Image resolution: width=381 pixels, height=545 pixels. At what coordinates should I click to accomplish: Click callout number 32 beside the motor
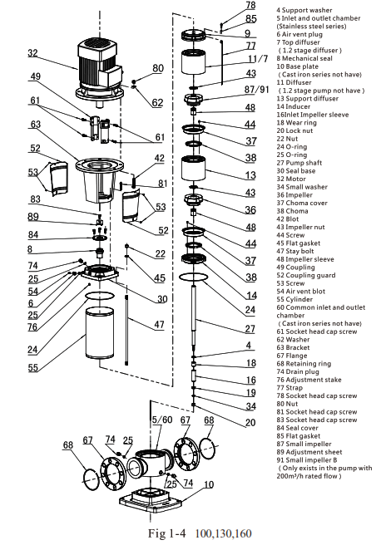coord(32,54)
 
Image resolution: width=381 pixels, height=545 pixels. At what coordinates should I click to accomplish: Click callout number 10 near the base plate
coord(210,484)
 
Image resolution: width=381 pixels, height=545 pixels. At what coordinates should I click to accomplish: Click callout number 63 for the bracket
coord(36,125)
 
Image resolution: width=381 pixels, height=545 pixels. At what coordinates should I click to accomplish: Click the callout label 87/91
coord(255,89)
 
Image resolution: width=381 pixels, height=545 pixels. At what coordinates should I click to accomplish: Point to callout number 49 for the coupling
coord(36,77)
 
